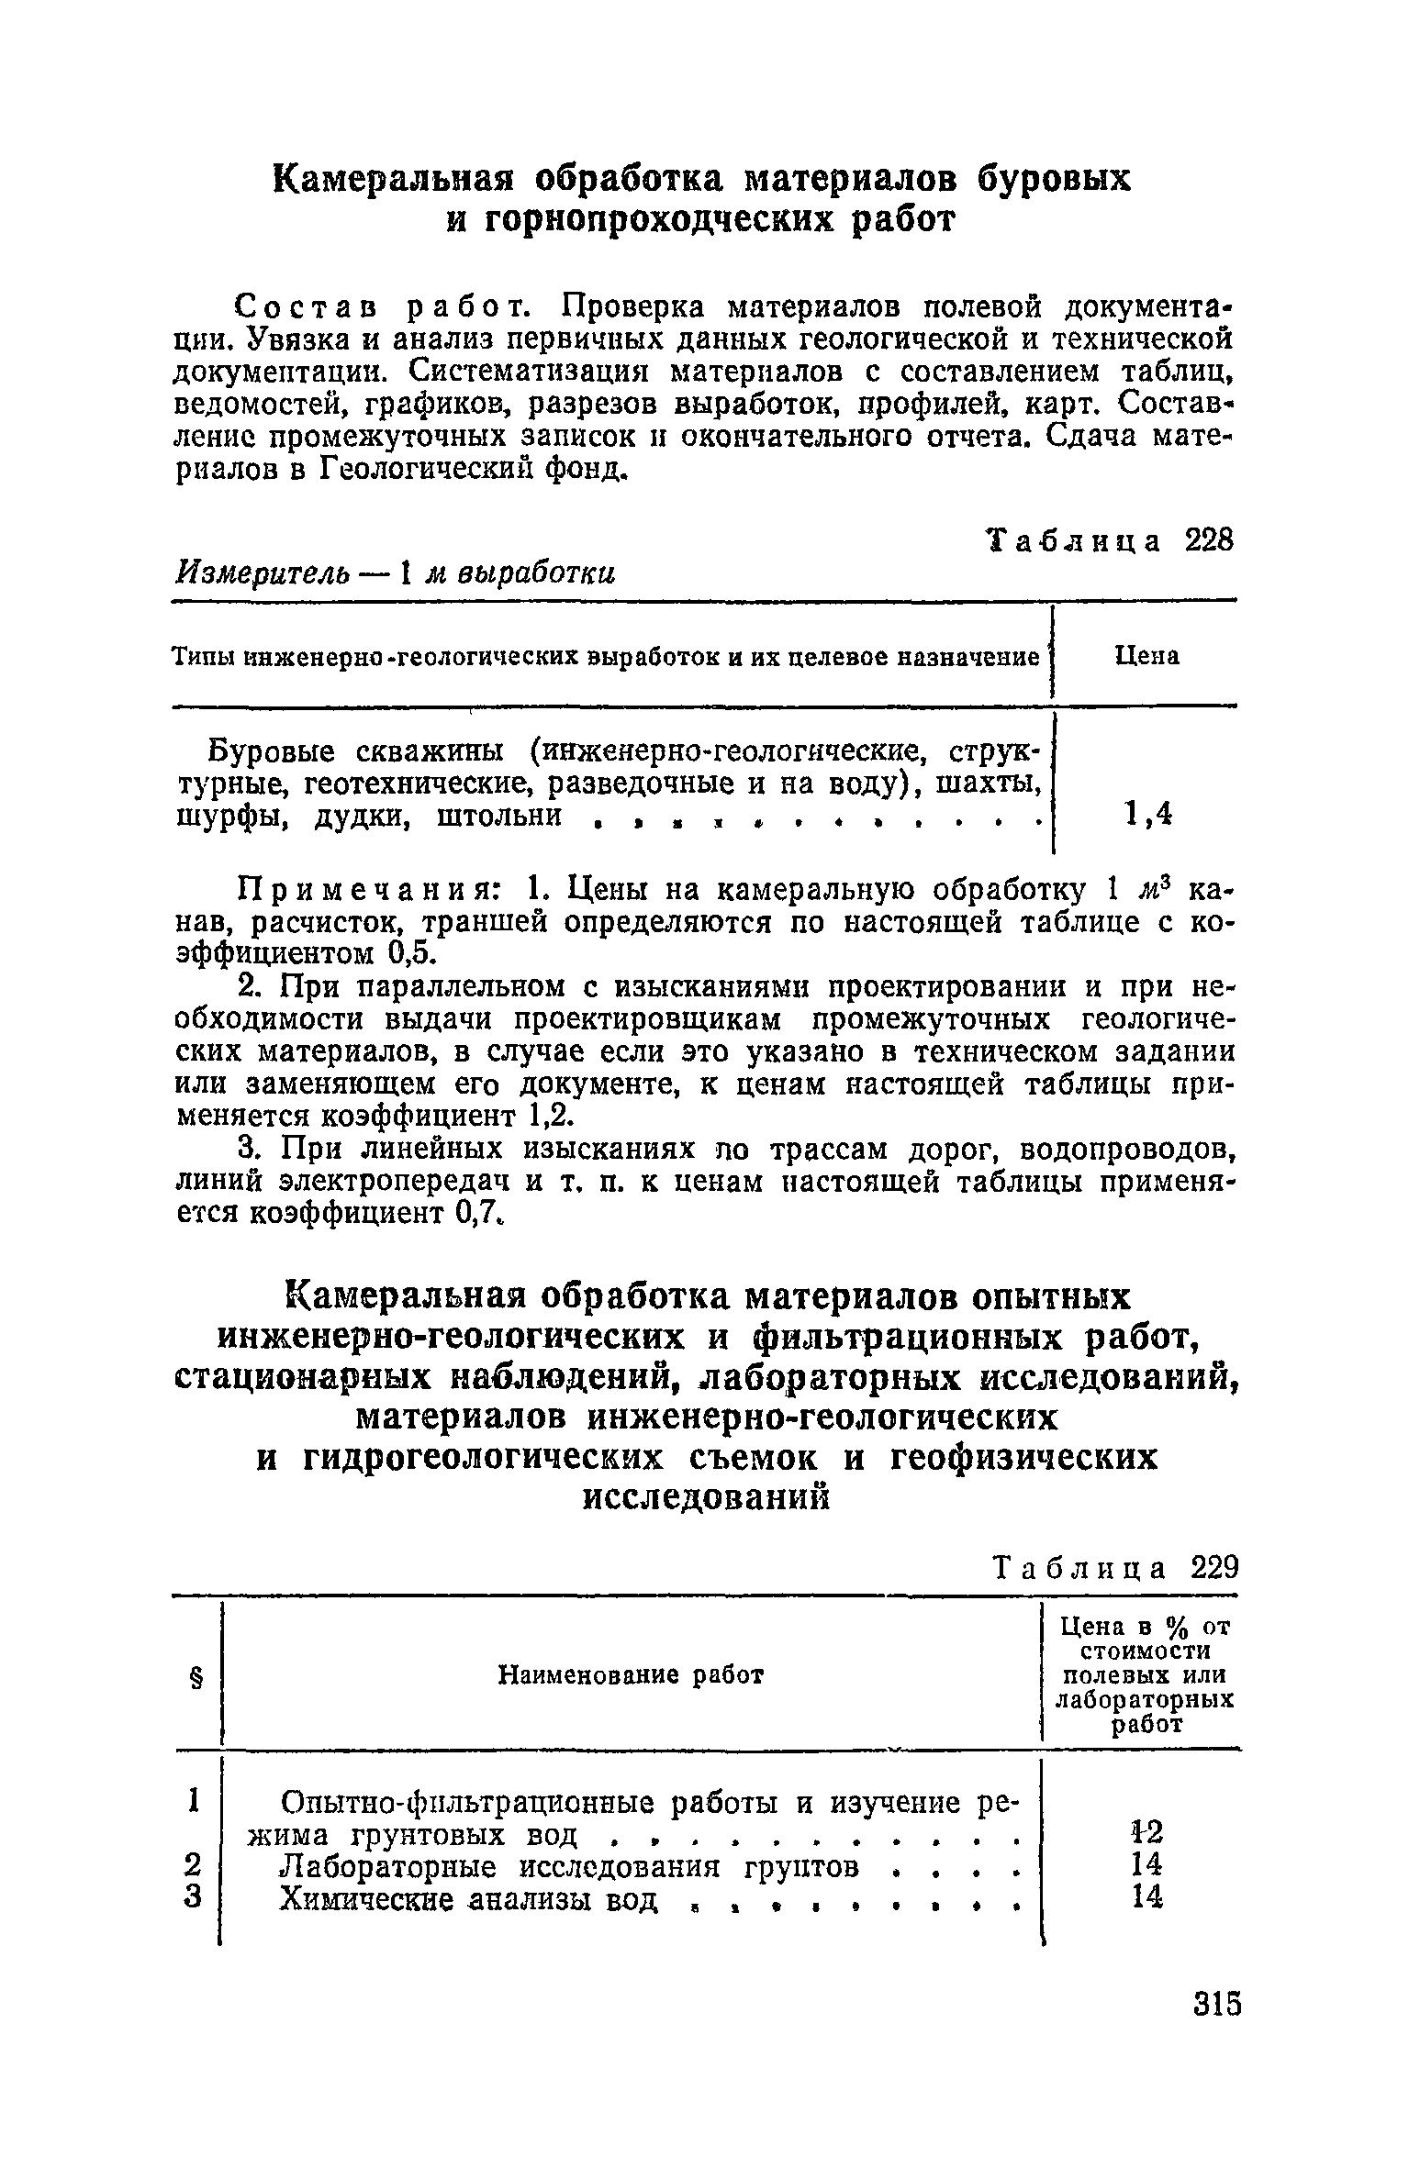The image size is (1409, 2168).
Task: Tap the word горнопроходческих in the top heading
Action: tap(662, 221)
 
